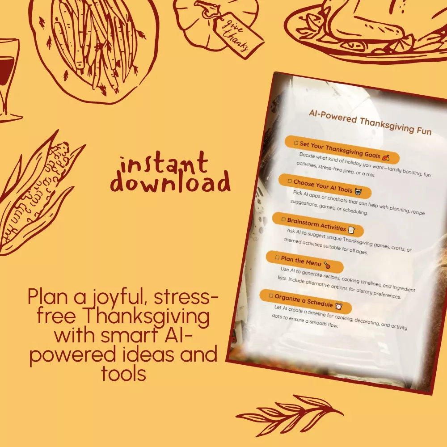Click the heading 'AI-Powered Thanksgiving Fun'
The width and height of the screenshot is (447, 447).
click(370, 122)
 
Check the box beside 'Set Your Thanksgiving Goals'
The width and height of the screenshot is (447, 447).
click(296, 143)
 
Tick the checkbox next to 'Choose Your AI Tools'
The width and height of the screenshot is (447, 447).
click(290, 181)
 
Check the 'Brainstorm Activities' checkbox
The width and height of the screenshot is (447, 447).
click(283, 219)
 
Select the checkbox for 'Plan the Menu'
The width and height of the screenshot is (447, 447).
click(277, 258)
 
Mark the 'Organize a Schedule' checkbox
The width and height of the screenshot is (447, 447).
click(271, 296)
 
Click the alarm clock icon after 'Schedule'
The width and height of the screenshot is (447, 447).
click(339, 307)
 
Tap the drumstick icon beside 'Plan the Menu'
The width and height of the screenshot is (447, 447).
click(327, 266)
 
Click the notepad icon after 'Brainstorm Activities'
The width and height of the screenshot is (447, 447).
click(352, 230)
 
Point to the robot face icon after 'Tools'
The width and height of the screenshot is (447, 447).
click(358, 192)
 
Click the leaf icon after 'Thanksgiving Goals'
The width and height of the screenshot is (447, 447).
click(386, 157)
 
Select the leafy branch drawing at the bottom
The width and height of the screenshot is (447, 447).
click(290, 415)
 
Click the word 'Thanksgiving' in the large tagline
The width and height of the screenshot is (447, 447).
click(147, 316)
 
